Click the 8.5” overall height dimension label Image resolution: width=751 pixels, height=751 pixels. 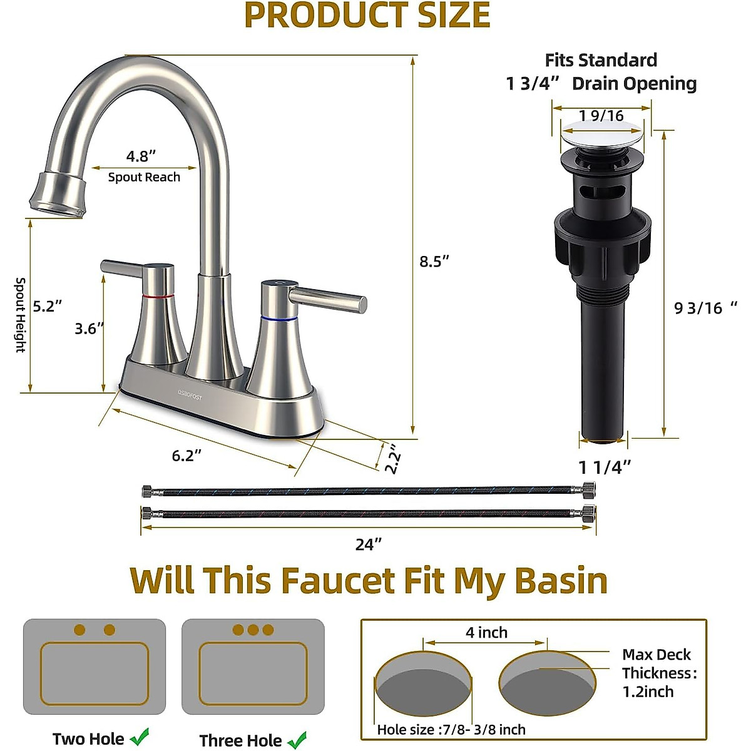click(x=434, y=261)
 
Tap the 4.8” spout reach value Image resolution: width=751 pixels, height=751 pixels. click(x=141, y=156)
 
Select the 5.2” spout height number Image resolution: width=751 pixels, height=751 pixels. click(x=48, y=306)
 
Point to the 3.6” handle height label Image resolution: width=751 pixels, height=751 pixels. click(x=89, y=328)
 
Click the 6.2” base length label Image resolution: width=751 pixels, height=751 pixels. click(x=186, y=455)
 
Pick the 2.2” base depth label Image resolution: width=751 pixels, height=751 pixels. click(x=391, y=459)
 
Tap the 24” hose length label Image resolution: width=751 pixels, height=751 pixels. click(x=368, y=544)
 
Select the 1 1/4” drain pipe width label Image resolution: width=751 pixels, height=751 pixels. click(x=604, y=467)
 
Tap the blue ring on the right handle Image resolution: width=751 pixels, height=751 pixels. click(x=278, y=319)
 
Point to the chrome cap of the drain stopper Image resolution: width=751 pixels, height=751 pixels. click(x=603, y=134)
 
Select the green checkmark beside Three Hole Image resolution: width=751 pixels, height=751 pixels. click(x=297, y=740)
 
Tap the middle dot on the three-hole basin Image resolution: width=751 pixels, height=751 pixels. click(x=253, y=630)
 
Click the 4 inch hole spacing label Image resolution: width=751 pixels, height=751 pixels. click(x=486, y=633)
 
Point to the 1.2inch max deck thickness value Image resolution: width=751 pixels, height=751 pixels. click(x=648, y=692)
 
